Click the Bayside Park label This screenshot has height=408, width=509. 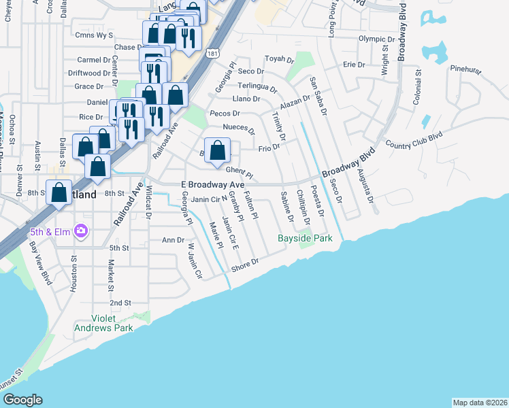[x=305, y=239]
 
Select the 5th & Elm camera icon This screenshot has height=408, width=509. [x=81, y=232]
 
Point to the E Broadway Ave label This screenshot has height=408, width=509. [x=212, y=185]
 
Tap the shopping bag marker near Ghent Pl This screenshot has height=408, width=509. [x=217, y=150]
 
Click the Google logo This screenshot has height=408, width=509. [x=22, y=400]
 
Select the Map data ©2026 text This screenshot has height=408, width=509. [x=480, y=403]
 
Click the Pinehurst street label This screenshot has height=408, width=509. [x=466, y=69]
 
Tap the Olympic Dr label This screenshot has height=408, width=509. [x=376, y=39]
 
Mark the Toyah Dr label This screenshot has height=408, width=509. [x=278, y=59]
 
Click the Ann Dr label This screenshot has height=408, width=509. [x=173, y=240]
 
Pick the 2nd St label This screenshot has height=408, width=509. [x=120, y=303]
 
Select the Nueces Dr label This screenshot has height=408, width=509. [x=238, y=129]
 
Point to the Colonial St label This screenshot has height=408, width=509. [x=417, y=86]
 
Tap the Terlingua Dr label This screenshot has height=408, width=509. [x=257, y=87]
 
